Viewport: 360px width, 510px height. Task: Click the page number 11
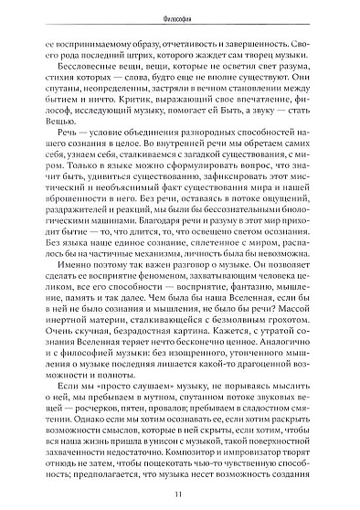(x=181, y=494)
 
